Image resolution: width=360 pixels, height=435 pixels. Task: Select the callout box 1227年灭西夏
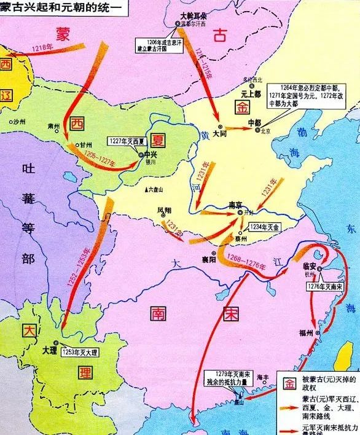click(x=125, y=141)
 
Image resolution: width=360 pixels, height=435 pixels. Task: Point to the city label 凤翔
click(x=164, y=210)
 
